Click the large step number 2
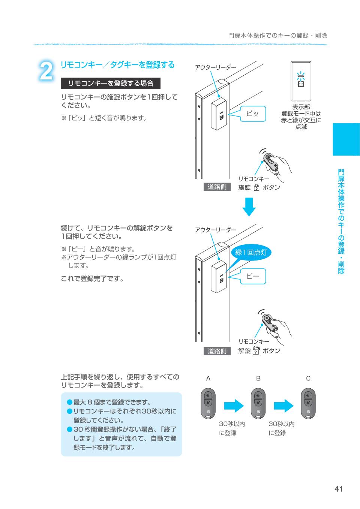click(46, 71)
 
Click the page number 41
click(339, 488)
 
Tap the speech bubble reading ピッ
click(252, 114)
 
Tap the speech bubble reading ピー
click(252, 276)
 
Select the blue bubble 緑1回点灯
click(251, 252)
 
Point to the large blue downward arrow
click(248, 207)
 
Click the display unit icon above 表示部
click(301, 80)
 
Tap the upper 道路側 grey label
click(217, 187)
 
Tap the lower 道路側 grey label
click(217, 351)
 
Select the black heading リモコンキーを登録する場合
click(111, 83)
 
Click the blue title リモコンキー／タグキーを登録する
click(117, 65)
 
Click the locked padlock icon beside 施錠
click(256, 187)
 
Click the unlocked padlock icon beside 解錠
click(256, 350)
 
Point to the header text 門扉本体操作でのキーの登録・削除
click(277, 36)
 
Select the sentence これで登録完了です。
click(92, 278)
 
